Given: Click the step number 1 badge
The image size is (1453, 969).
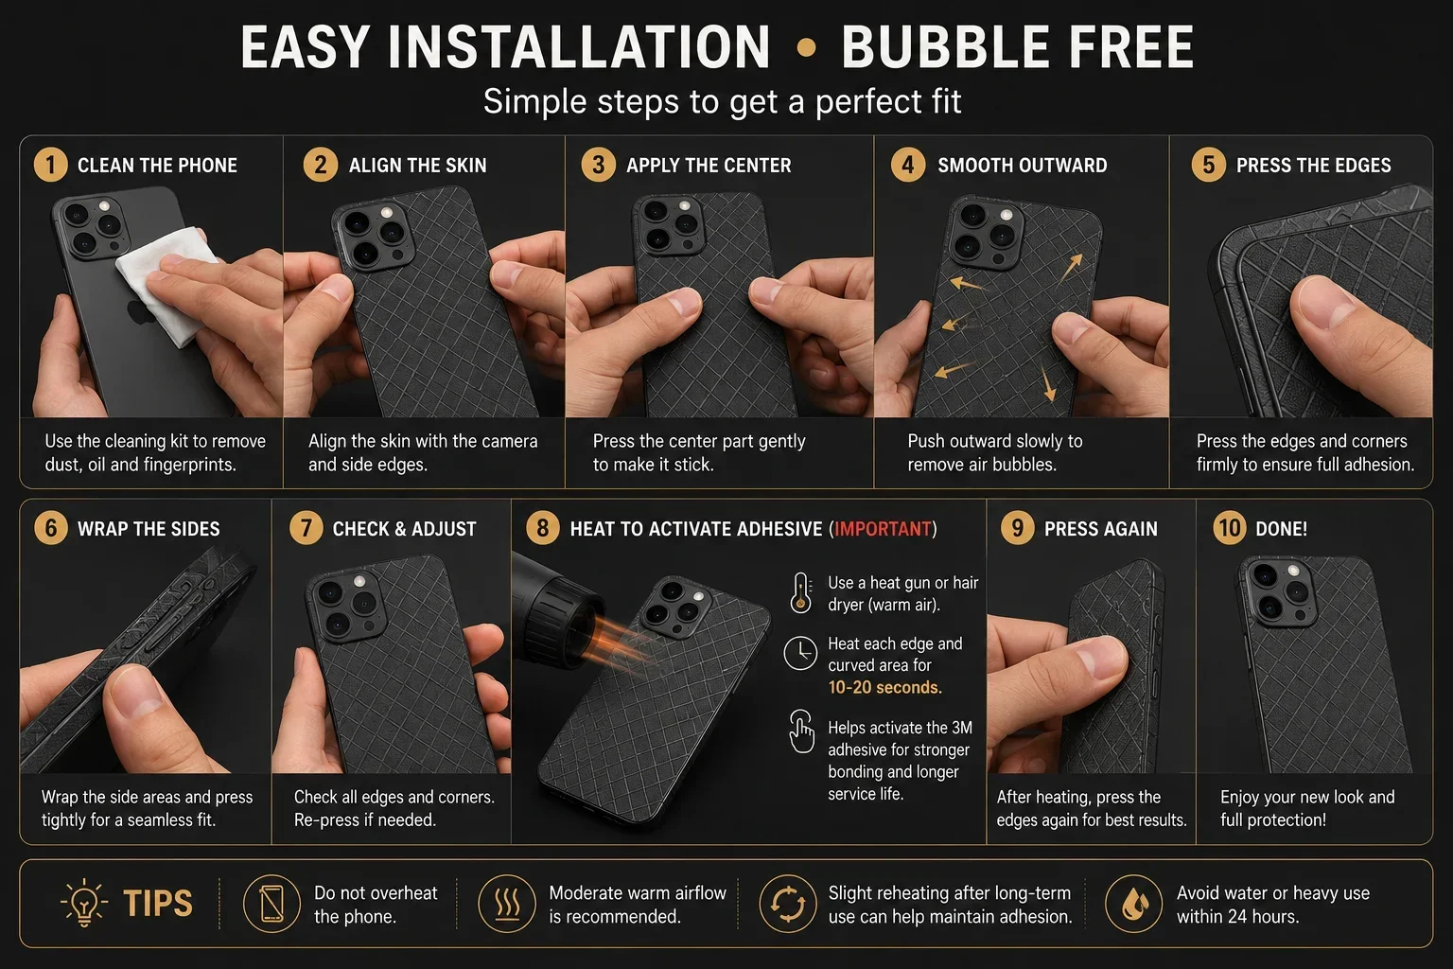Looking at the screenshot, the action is click(50, 165).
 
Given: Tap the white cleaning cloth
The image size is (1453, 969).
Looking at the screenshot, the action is click(167, 282).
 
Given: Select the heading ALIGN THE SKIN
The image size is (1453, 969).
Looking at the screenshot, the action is click(418, 166).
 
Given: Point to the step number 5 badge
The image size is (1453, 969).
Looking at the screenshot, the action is click(1208, 165).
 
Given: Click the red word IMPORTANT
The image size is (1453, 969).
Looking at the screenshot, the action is click(883, 529).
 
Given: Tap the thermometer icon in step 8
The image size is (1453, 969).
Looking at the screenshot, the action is click(801, 592).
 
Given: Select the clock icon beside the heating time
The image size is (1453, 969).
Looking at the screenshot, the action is click(800, 653).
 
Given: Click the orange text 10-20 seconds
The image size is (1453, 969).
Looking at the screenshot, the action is click(884, 687).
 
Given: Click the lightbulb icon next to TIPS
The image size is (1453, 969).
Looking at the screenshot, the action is click(83, 902).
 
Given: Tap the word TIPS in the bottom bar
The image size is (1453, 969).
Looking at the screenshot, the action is click(158, 903).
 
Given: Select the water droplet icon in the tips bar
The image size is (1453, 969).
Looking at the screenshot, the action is click(1134, 904).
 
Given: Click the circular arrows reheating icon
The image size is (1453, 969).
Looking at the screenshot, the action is click(787, 904).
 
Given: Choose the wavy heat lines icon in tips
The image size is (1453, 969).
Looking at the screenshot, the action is click(507, 904).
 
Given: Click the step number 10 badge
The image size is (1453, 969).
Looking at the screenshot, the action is click(1230, 528).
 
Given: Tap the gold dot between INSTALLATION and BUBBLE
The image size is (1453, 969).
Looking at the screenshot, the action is click(806, 47).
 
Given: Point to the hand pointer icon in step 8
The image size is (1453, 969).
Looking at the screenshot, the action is click(802, 731).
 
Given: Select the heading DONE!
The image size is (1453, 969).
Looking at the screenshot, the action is click(1281, 529).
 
